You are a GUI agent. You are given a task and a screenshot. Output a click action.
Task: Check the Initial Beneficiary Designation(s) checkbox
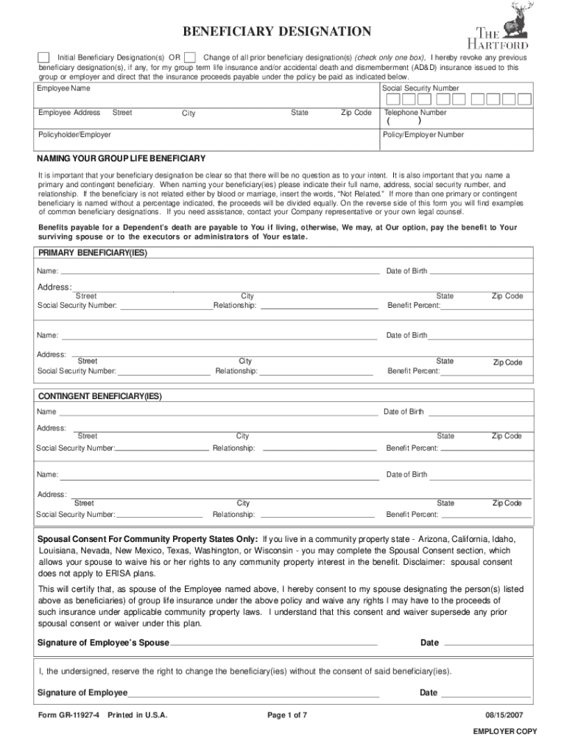[43, 57]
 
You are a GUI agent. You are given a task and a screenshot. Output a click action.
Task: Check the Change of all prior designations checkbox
[190, 57]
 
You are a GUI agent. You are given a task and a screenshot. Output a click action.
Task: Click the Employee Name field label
[64, 88]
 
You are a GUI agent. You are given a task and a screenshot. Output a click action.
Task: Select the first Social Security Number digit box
[393, 99]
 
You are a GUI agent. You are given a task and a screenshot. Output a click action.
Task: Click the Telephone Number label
[415, 113]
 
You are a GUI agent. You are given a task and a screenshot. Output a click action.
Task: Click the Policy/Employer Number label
[423, 135]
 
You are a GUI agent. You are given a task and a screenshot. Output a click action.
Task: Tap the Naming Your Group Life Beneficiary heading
[121, 159]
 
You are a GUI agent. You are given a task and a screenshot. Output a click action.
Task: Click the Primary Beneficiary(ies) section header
[92, 253]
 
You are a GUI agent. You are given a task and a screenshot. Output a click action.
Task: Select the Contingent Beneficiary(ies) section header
[99, 396]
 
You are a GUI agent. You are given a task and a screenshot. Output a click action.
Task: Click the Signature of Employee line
[253, 693]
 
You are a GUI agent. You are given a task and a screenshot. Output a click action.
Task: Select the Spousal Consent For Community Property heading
[148, 538]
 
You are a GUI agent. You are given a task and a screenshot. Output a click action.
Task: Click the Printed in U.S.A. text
[138, 715]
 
